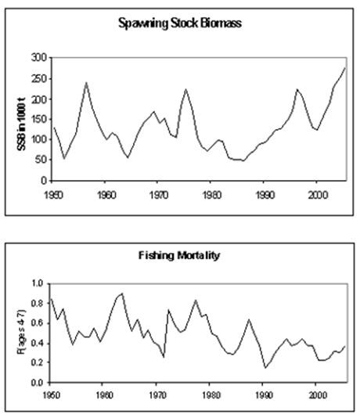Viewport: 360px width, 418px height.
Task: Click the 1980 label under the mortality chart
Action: coord(211,394)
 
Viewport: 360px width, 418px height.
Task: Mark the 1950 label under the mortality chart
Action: coord(51,394)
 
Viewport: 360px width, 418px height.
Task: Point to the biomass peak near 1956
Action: coord(85,82)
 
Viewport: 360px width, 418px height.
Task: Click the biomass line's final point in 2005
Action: coord(344,68)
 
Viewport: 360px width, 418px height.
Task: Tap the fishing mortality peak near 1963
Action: coord(122,294)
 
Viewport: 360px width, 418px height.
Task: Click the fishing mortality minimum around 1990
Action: coord(265,368)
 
